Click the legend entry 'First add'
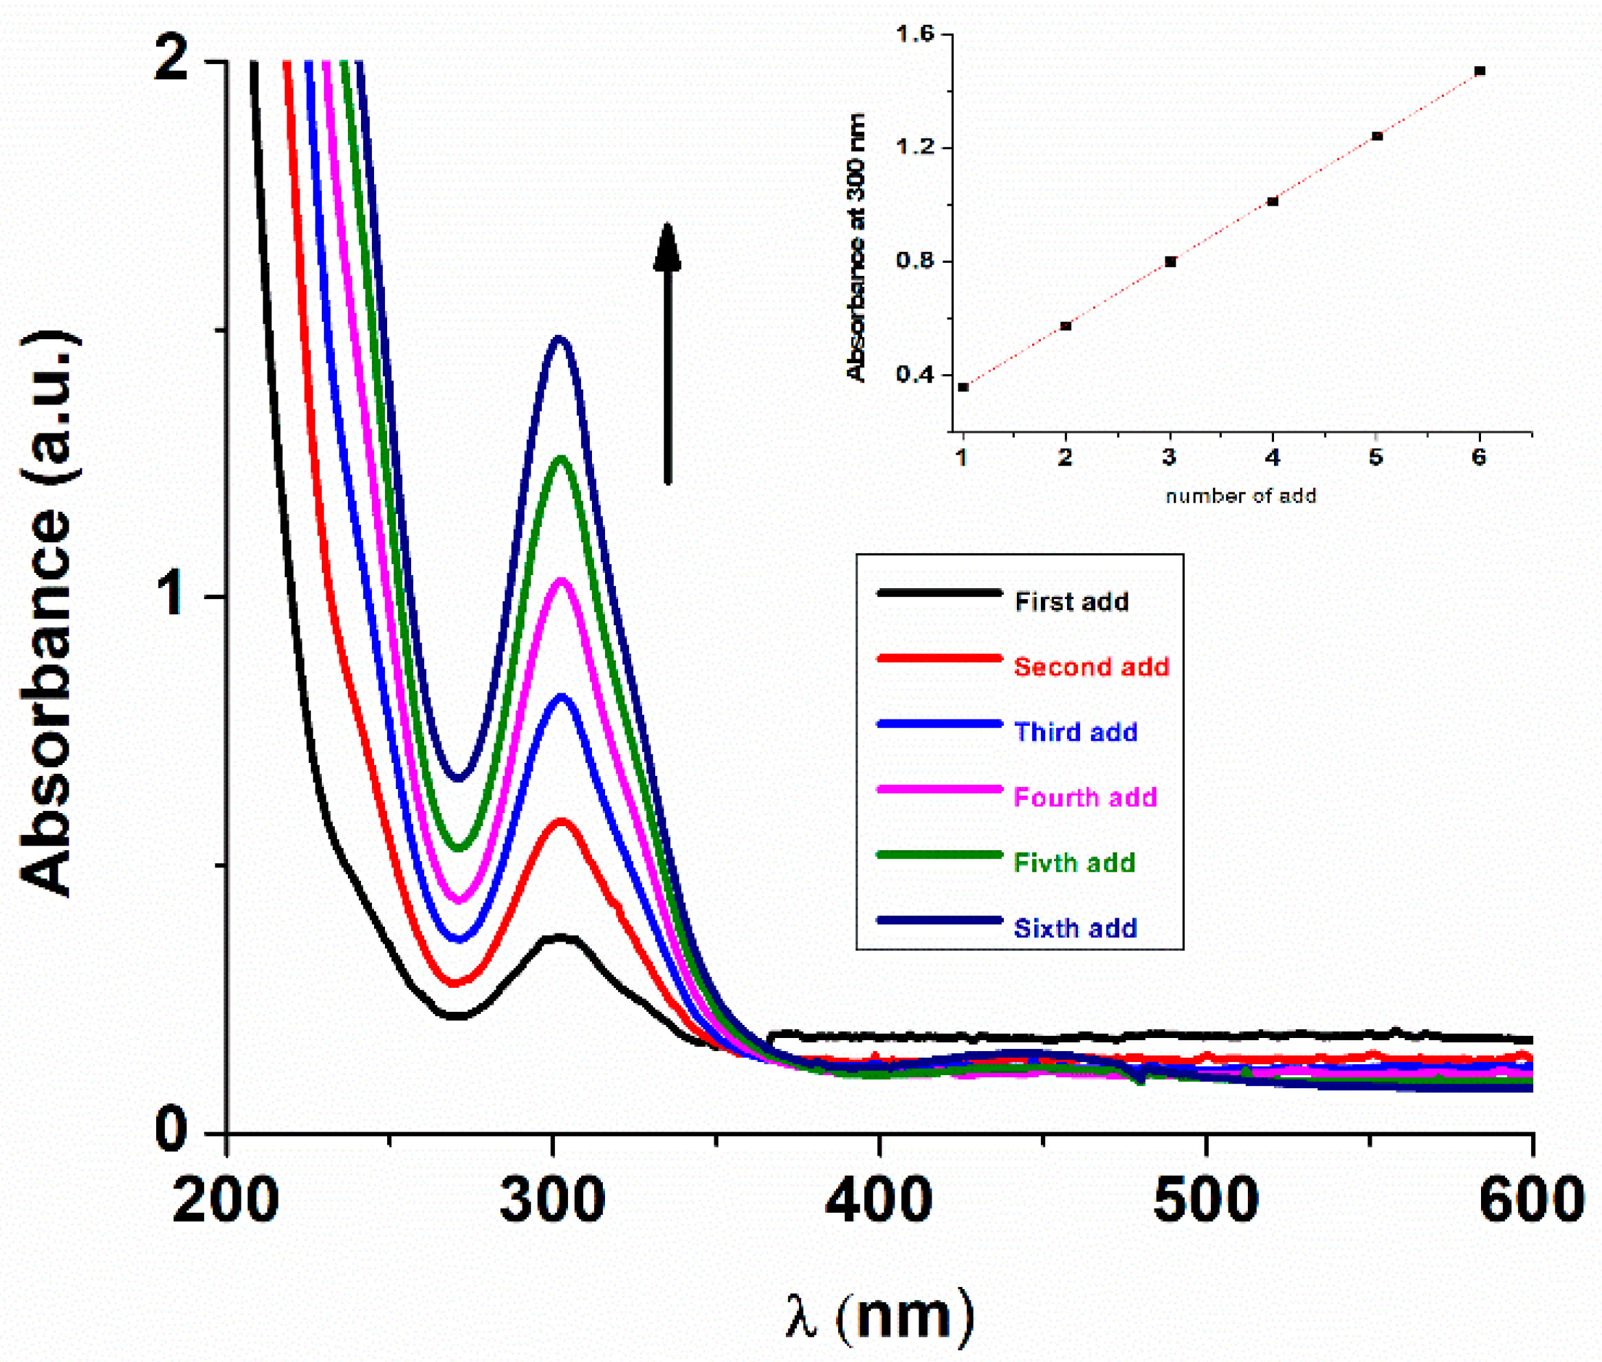point(1071,601)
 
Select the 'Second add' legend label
point(1090,667)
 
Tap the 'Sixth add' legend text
point(1075,927)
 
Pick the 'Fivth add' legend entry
point(1073,863)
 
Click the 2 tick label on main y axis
point(171,61)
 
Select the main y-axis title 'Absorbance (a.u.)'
point(48,614)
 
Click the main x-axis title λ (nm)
point(879,1315)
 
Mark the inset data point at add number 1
point(963,387)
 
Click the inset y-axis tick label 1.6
point(914,34)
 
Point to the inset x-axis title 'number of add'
point(1240,497)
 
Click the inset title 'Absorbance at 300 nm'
point(856,247)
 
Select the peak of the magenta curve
point(562,580)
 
